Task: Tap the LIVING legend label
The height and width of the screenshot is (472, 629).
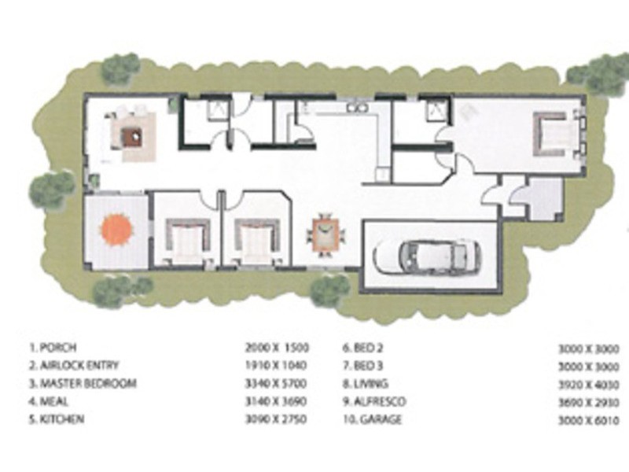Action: point(379,384)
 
